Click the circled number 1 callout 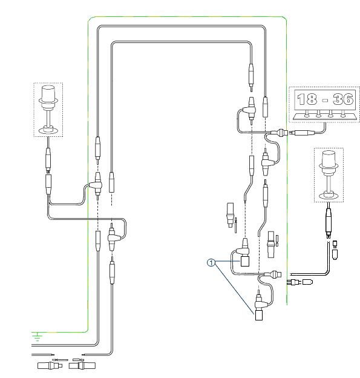click(211, 262)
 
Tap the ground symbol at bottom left click(37, 336)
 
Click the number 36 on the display click(343, 99)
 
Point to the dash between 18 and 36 click(325, 100)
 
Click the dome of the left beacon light click(48, 92)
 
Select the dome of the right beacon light click(329, 158)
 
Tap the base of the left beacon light click(48, 130)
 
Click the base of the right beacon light click(329, 195)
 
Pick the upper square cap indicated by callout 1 click(245, 261)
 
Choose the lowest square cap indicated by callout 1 click(258, 316)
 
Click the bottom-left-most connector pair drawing click(50, 366)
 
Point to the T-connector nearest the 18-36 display click(250, 110)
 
